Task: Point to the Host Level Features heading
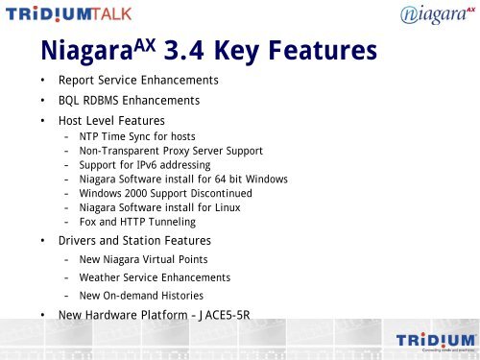111,121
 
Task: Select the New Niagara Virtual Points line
142,259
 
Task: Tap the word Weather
100,276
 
